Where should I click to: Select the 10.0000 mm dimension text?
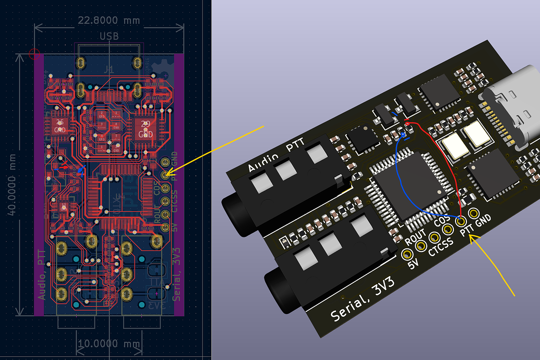109,345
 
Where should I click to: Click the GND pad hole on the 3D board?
474,213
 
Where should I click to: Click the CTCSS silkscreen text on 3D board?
441,247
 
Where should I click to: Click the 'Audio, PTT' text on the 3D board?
277,156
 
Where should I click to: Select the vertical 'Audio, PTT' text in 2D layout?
42,274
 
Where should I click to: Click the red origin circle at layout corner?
34,53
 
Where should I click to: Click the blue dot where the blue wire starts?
403,137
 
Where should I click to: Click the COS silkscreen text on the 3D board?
442,222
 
